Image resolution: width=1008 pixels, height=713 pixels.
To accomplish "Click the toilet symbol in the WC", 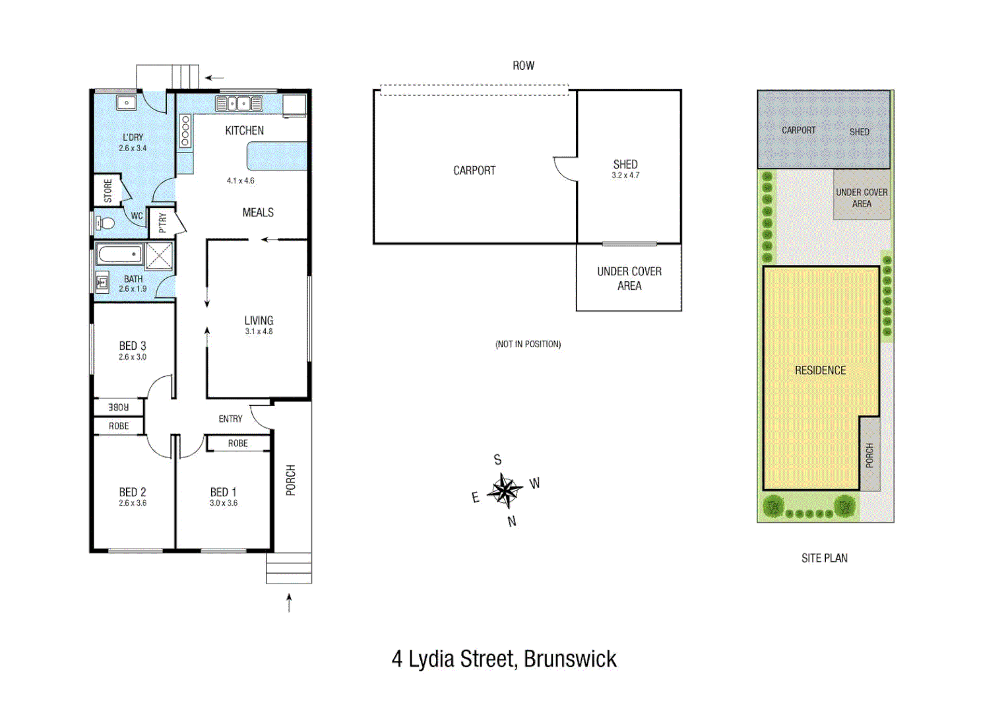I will tap(106, 222).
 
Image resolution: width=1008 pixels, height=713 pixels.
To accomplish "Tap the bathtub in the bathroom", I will tap(119, 254).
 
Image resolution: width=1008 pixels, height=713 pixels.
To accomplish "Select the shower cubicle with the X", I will tap(159, 255).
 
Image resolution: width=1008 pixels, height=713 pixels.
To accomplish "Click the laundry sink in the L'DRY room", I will tap(126, 102).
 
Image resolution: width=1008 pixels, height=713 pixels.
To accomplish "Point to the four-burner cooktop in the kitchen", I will tap(185, 130).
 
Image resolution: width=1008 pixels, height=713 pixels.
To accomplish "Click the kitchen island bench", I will tap(276, 156).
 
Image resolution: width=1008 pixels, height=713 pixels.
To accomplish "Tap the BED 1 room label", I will tap(223, 492).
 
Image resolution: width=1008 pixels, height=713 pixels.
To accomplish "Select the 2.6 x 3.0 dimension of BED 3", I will tap(133, 357).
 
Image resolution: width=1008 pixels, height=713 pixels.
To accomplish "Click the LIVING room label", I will tap(259, 320).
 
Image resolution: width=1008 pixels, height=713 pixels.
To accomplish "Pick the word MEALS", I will tap(258, 213).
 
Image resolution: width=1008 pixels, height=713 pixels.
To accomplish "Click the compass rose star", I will tap(505, 491).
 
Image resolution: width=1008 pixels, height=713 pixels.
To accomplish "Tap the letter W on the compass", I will tap(534, 483).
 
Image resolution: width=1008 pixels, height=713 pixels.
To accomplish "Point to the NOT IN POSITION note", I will tap(528, 344).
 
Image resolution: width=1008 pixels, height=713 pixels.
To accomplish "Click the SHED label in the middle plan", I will tap(625, 164).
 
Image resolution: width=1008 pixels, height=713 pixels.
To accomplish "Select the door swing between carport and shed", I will tap(565, 168).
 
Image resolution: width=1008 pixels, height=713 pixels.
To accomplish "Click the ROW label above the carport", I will tap(523, 65).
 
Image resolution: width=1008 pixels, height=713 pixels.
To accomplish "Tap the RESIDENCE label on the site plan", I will tap(820, 370).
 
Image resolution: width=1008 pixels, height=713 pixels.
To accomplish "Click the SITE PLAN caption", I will tap(824, 558).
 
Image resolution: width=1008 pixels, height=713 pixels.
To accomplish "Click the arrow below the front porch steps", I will tap(289, 602).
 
